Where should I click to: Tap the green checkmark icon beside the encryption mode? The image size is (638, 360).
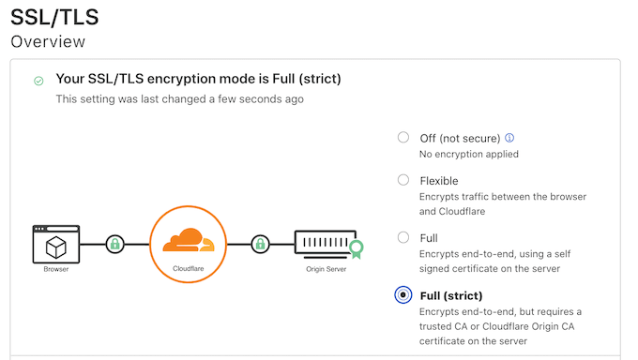[x=38, y=81]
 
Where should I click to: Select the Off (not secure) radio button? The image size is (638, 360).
[x=403, y=137]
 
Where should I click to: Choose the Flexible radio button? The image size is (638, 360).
[x=403, y=180]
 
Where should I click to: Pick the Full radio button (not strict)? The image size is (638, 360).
[x=403, y=238]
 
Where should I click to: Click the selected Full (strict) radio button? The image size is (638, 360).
[x=403, y=295]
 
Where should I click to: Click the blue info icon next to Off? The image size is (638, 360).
[x=509, y=138]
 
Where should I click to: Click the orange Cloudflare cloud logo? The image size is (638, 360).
[x=189, y=241]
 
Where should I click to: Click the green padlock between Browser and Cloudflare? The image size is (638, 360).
[x=115, y=245]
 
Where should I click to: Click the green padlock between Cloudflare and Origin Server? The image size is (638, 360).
[x=259, y=245]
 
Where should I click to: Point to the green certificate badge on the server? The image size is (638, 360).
[x=356, y=248]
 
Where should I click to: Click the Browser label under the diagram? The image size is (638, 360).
[x=55, y=270]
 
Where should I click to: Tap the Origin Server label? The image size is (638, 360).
[x=327, y=270]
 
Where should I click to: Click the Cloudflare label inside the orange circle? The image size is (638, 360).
[x=189, y=268]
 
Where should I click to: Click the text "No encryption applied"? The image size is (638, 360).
[x=468, y=154]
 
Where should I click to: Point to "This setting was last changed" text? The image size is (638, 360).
[x=179, y=98]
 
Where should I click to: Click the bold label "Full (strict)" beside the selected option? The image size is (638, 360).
[x=450, y=295]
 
